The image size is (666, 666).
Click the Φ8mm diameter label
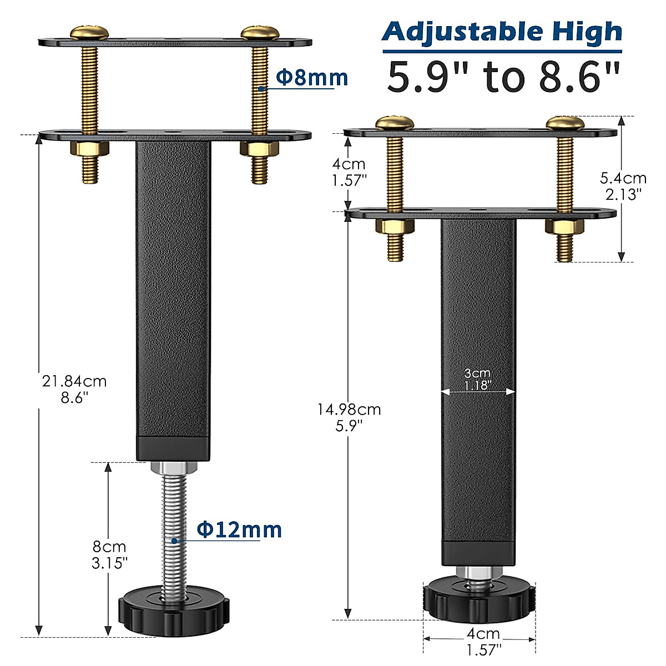[312, 78]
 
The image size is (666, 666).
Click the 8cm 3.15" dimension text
[109, 554]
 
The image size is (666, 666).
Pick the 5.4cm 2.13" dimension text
[623, 185]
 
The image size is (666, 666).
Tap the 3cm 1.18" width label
[477, 379]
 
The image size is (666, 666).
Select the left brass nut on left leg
[89, 149]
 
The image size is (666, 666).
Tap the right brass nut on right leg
[564, 226]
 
